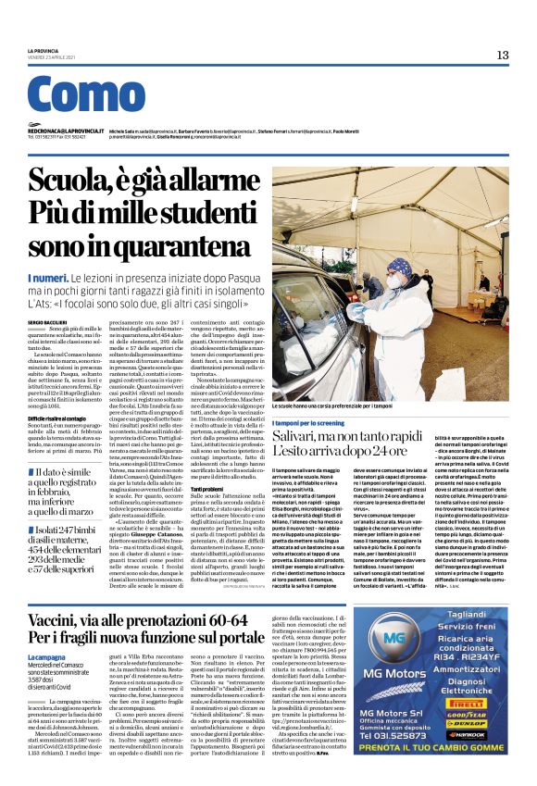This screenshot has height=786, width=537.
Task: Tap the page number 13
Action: click(x=502, y=56)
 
